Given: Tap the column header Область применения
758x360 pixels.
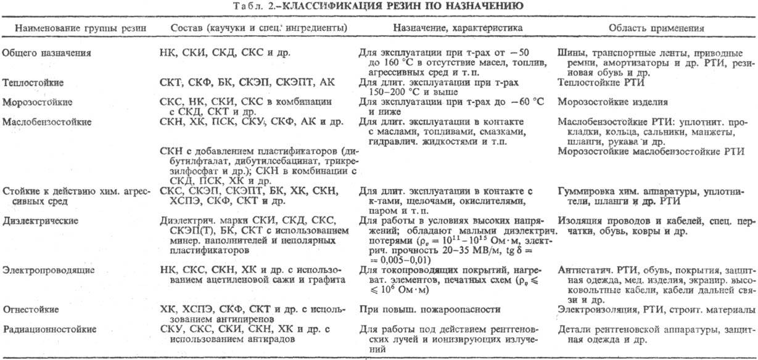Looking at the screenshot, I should (657, 28).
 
